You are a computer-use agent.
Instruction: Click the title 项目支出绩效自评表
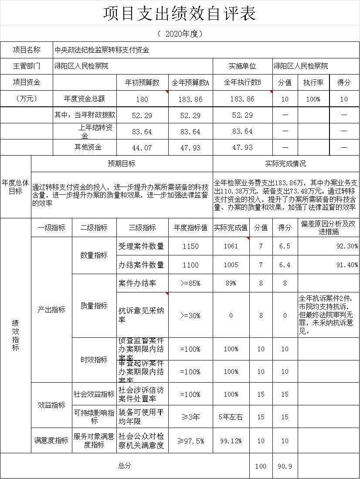tap(180, 14)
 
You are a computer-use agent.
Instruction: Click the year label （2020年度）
tap(180, 34)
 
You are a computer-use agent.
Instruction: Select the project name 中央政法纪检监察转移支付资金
tap(102, 50)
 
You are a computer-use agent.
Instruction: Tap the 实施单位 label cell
tap(242, 66)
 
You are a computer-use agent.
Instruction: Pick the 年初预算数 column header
tap(142, 82)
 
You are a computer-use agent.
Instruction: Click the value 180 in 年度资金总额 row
tap(142, 99)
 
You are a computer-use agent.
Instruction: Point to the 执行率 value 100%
tap(313, 99)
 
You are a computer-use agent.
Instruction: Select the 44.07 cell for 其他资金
tap(142, 148)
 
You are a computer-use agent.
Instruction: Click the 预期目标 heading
tap(122, 164)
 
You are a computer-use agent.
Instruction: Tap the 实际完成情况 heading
tap(285, 164)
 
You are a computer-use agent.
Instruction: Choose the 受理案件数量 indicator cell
tap(141, 246)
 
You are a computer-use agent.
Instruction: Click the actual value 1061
tap(231, 246)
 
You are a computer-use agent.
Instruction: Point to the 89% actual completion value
tap(231, 283)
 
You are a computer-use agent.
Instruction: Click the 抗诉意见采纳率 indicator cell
tap(141, 315)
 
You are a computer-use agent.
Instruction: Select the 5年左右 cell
tap(231, 417)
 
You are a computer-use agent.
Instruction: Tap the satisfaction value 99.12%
tap(231, 441)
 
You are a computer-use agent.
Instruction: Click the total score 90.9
tap(285, 466)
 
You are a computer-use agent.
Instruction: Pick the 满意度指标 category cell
tap(51, 441)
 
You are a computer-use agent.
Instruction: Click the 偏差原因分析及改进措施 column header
tap(328, 228)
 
